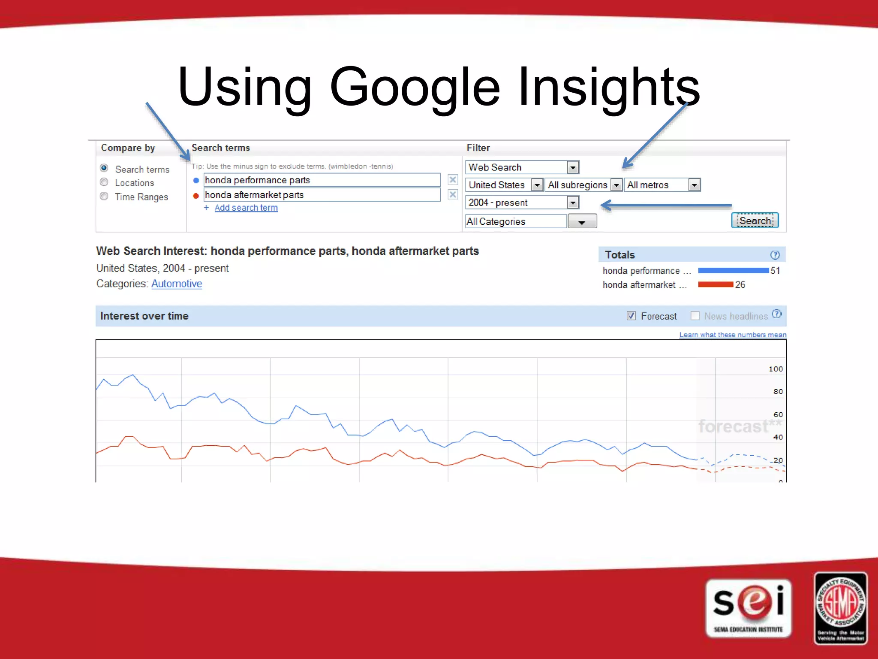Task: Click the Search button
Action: [x=755, y=221]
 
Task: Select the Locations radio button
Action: [x=104, y=182]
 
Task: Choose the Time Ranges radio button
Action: [x=104, y=196]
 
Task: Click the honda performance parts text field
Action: [x=322, y=180]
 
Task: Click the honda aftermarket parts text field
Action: [x=322, y=195]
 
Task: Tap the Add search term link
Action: [x=246, y=208]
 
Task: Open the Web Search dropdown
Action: [x=522, y=167]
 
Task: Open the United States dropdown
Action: [x=504, y=185]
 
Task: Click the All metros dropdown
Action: [x=662, y=185]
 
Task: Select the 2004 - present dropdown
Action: [x=522, y=203]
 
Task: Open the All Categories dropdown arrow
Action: [x=582, y=222]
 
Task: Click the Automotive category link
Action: [x=177, y=284]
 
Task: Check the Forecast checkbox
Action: [x=631, y=316]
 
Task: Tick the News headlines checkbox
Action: [x=695, y=316]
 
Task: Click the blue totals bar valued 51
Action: [x=733, y=270]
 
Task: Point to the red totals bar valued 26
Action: [x=716, y=284]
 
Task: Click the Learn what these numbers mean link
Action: [x=732, y=335]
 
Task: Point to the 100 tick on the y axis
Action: [x=776, y=369]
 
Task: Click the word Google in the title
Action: [x=415, y=87]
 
